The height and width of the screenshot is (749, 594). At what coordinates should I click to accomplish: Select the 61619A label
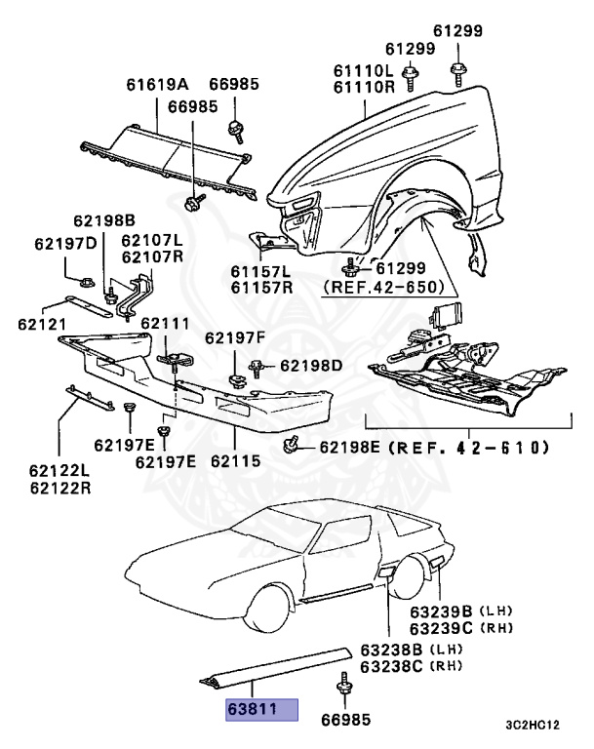(x=157, y=85)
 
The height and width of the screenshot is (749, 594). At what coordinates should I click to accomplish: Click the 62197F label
(x=234, y=338)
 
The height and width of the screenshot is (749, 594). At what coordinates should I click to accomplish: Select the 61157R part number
(x=260, y=288)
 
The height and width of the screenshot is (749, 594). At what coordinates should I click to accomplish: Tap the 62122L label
(x=60, y=471)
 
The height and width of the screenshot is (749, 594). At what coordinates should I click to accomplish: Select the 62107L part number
(x=151, y=240)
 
